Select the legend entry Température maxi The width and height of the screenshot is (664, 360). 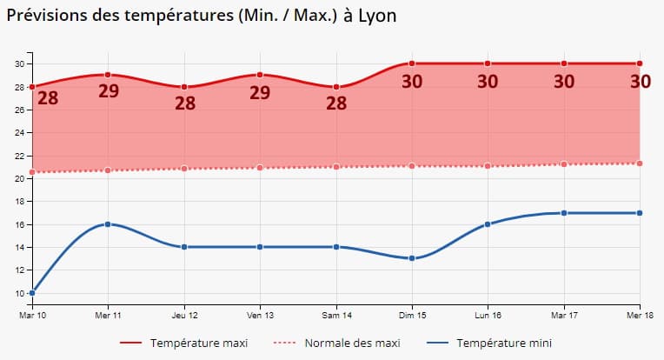(x=198, y=343)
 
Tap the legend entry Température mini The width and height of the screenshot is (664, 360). (x=504, y=343)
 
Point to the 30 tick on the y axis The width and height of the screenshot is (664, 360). (x=17, y=63)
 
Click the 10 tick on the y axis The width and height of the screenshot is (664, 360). (x=17, y=293)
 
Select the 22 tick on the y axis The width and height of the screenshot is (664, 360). (x=17, y=156)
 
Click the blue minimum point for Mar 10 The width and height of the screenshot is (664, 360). (x=32, y=293)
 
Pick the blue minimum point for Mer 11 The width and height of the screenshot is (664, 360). (x=108, y=223)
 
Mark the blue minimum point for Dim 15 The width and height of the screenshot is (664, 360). (x=412, y=258)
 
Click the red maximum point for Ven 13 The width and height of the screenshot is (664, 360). (x=260, y=75)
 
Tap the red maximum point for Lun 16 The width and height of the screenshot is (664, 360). (x=488, y=63)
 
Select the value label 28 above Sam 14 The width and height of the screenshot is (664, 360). (x=335, y=103)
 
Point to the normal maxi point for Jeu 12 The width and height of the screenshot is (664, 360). (x=184, y=169)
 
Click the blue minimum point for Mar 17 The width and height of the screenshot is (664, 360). (x=564, y=213)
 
